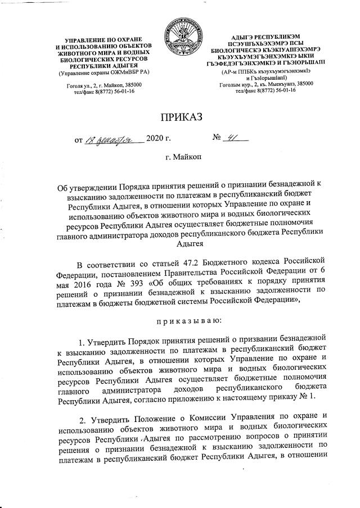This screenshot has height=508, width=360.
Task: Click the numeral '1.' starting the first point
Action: pos(83,339)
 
